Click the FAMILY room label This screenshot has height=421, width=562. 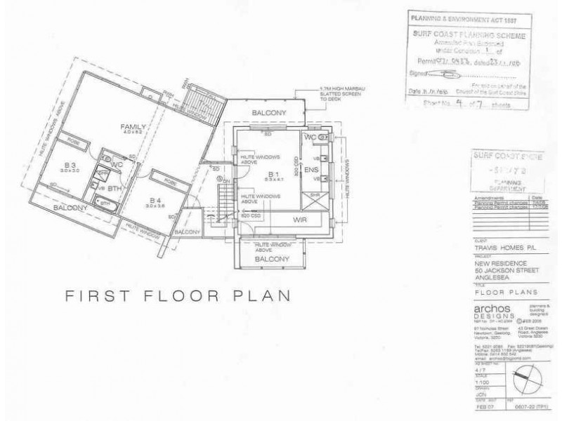click(x=132, y=126)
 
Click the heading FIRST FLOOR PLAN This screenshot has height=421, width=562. click(x=177, y=295)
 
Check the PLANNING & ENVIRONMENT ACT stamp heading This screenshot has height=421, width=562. click(x=456, y=15)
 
